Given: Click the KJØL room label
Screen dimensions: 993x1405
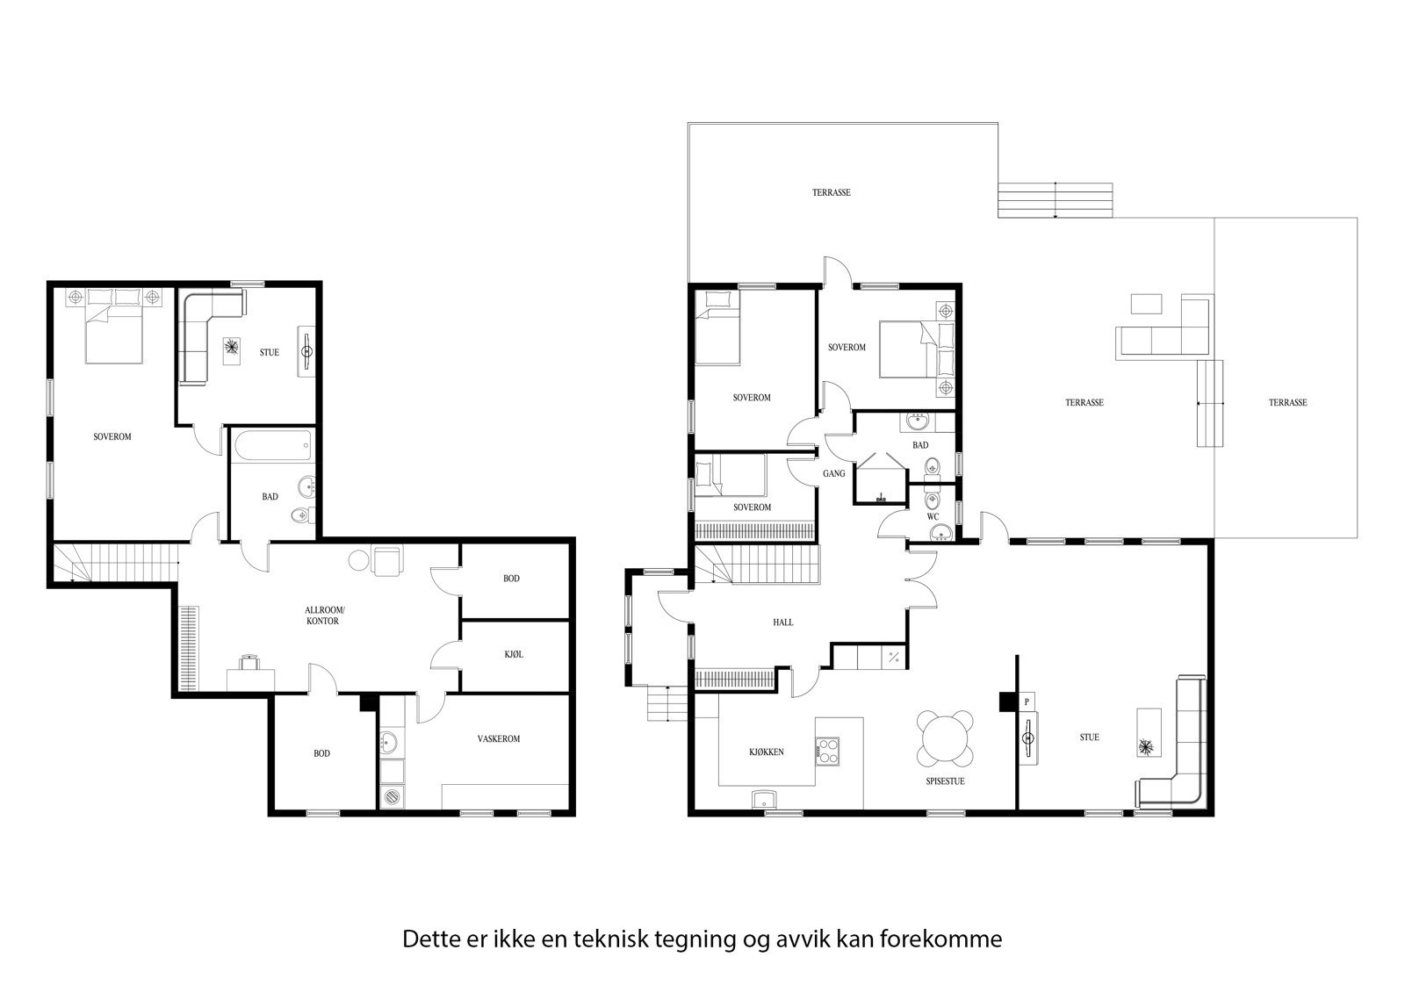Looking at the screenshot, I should point(514,654).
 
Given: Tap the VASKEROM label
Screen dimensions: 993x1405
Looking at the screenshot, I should point(498,738).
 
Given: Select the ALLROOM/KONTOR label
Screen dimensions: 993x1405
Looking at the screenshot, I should point(322,615).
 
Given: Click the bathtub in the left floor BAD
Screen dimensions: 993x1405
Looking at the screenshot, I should point(270,444).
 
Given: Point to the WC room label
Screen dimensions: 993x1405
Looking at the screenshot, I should point(933,516).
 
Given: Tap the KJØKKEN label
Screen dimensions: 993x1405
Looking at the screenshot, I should point(766,752).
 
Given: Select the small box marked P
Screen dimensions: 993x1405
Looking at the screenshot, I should point(1027,702).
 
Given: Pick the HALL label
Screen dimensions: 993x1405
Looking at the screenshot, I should point(782,622).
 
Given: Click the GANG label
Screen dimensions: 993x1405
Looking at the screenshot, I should point(833,473).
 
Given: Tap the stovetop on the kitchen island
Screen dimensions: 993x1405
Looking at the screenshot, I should point(828,751).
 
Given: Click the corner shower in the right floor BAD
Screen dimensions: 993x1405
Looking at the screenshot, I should point(879,479).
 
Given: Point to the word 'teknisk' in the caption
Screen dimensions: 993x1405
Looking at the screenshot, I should point(611,939).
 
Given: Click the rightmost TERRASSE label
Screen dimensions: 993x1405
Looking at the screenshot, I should point(1287,402).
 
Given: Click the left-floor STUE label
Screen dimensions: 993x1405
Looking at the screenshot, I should point(270,352).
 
